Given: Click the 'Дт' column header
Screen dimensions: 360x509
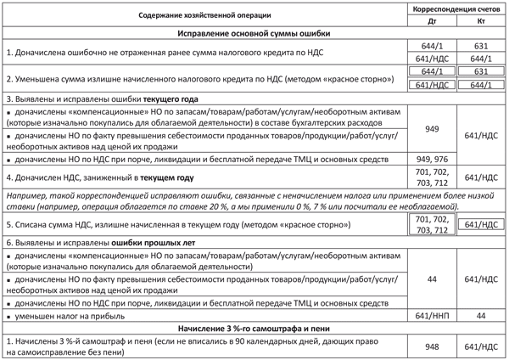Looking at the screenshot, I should tap(433, 21).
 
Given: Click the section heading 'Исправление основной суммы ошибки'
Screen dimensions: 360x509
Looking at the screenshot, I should tap(255, 34).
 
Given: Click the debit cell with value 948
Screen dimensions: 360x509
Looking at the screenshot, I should tap(433, 346).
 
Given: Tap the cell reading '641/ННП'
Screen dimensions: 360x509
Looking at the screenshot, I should tap(433, 315).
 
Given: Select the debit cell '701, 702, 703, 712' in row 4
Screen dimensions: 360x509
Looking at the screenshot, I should tap(433, 177).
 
